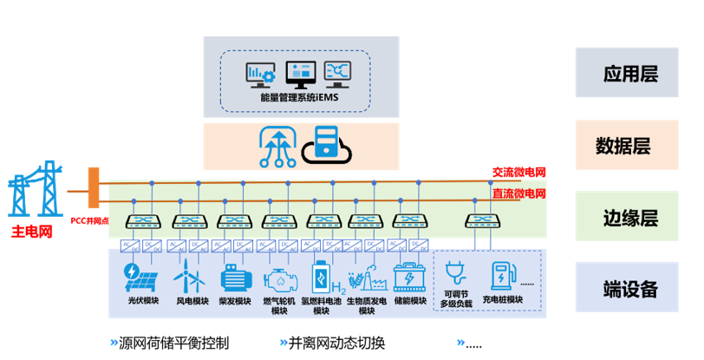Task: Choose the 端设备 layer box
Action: point(629,288)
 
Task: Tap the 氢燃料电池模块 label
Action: point(323,306)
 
